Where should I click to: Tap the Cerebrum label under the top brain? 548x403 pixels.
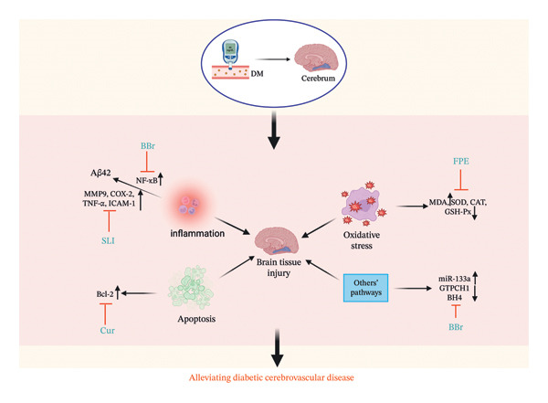[318, 79]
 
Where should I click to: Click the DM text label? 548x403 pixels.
[257, 74]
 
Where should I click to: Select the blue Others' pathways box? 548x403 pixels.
[365, 288]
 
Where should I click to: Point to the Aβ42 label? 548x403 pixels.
[100, 173]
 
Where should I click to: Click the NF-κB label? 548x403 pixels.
[147, 181]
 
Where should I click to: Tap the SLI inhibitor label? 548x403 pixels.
[108, 240]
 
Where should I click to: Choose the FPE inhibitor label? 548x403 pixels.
[461, 161]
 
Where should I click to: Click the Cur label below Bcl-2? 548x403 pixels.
[107, 330]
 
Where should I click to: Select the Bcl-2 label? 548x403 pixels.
[105, 294]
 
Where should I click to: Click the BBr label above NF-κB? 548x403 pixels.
[148, 146]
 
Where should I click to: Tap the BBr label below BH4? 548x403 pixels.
[456, 327]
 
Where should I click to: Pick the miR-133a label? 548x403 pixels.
[454, 279]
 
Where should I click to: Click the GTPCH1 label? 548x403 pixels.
[454, 288]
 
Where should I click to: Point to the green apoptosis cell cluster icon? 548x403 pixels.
[191, 288]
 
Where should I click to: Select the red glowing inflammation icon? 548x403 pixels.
[189, 205]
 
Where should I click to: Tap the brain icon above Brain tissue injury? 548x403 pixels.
[277, 240]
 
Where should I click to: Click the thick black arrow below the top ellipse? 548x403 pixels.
[274, 130]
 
